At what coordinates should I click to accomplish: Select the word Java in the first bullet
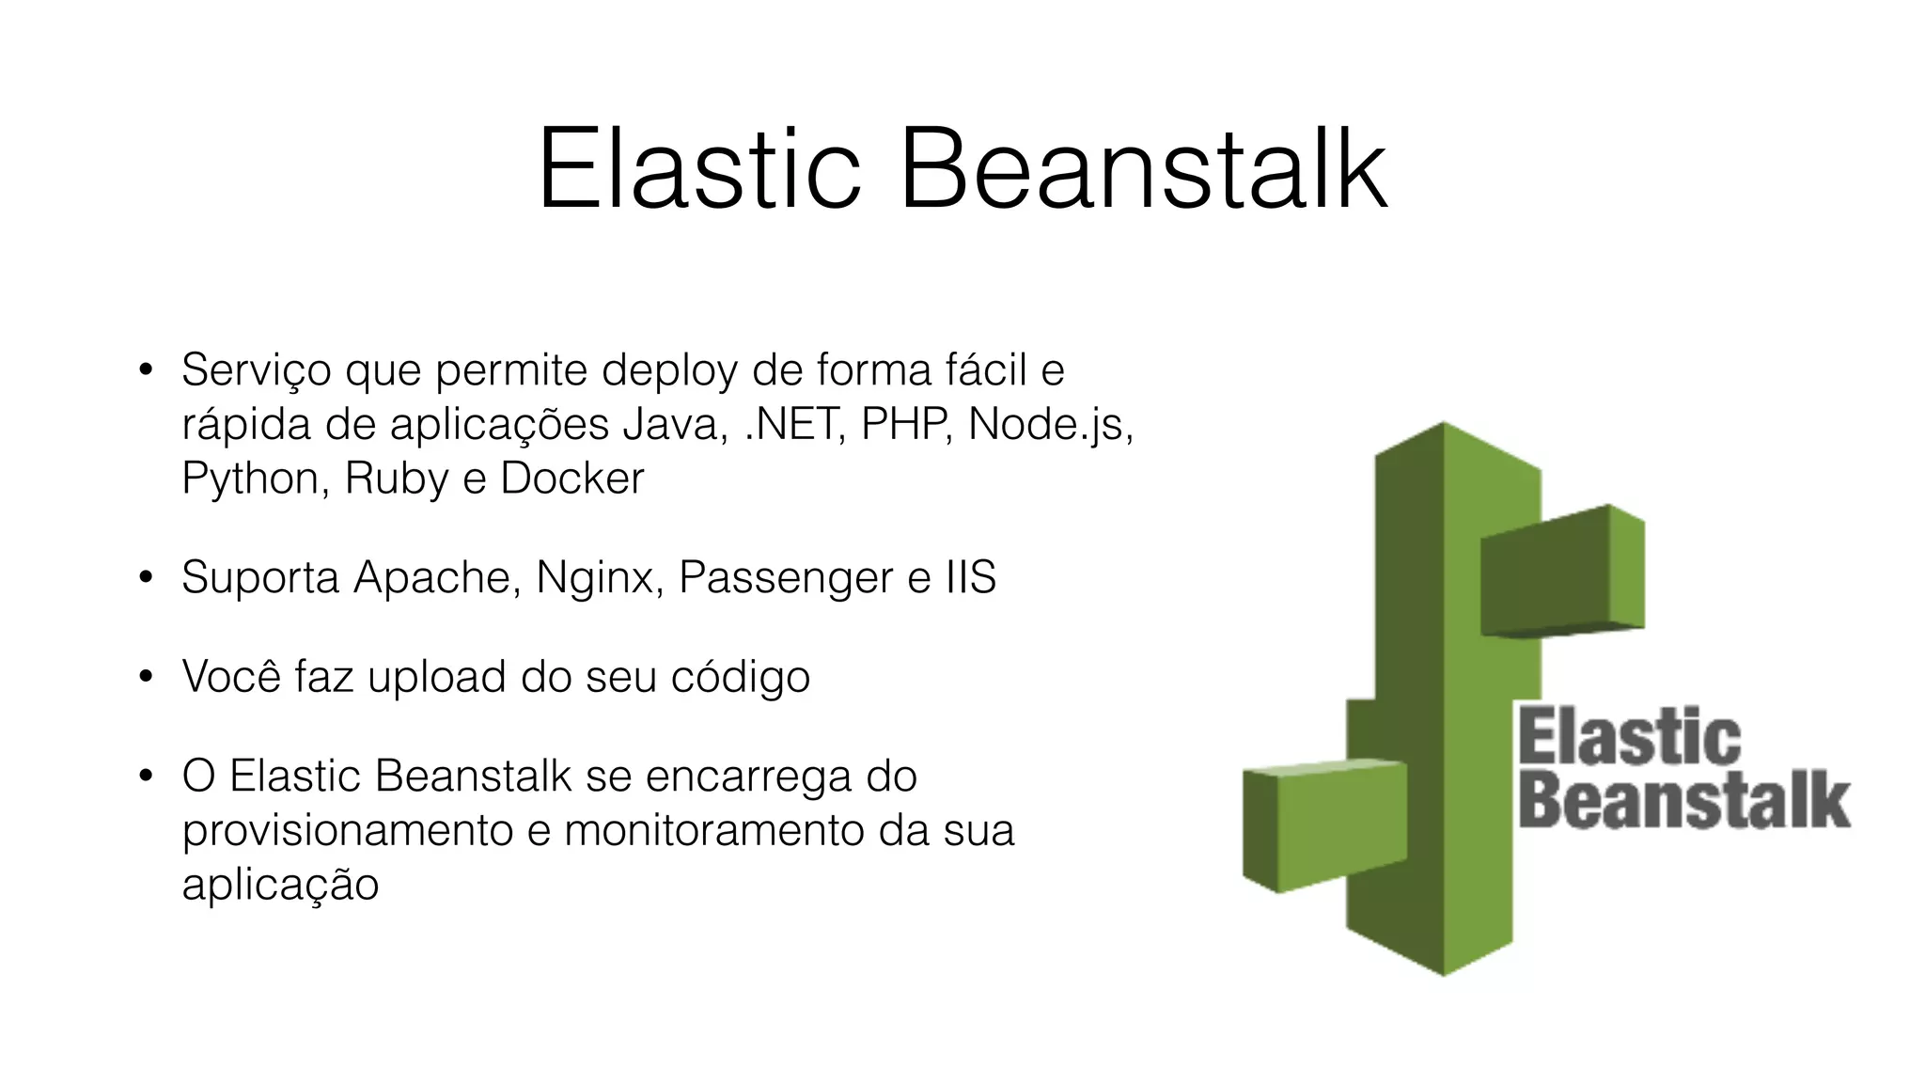(x=674, y=424)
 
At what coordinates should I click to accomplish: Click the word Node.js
(x=1048, y=424)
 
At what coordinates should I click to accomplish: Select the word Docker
(x=571, y=479)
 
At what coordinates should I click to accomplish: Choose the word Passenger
(x=785, y=578)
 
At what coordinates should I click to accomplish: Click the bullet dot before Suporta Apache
(x=145, y=577)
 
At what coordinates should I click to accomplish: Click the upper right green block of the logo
(x=1560, y=573)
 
